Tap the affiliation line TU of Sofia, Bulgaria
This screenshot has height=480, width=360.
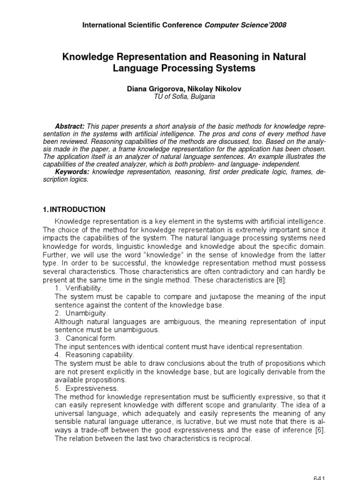(x=180, y=97)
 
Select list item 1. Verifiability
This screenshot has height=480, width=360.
(x=79, y=287)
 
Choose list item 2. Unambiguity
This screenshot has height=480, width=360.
(x=82, y=313)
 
